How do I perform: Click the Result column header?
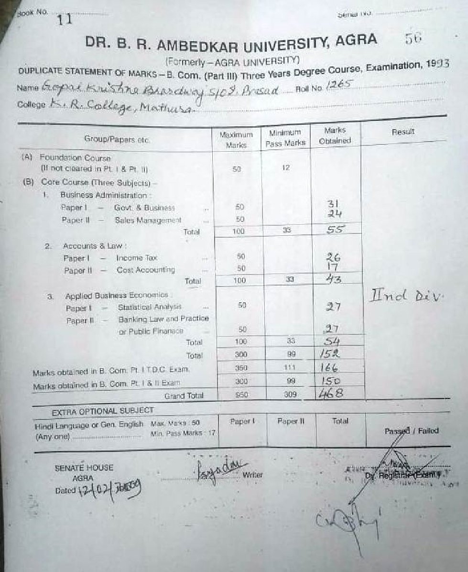pos(403,132)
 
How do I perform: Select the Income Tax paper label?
pos(130,258)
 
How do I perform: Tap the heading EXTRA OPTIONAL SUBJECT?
pos(103,411)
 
